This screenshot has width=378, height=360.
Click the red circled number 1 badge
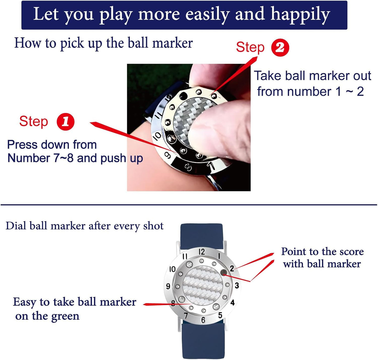pyautogui.click(x=66, y=122)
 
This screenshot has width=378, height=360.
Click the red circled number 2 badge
pyautogui.click(x=280, y=48)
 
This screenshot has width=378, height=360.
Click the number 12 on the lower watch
pyautogui.click(x=202, y=252)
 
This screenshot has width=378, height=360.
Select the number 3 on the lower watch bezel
pyautogui.click(x=237, y=285)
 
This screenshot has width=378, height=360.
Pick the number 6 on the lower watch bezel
pyautogui.click(x=203, y=320)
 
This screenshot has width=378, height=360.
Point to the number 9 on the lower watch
pyautogui.click(x=168, y=286)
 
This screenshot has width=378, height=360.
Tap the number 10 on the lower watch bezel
pyautogui.click(x=172, y=269)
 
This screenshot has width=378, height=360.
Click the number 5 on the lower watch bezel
pyautogui.click(x=220, y=315)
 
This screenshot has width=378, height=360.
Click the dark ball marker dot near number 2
pyautogui.click(x=224, y=273)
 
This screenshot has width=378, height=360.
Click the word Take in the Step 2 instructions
pyautogui.click(x=268, y=76)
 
